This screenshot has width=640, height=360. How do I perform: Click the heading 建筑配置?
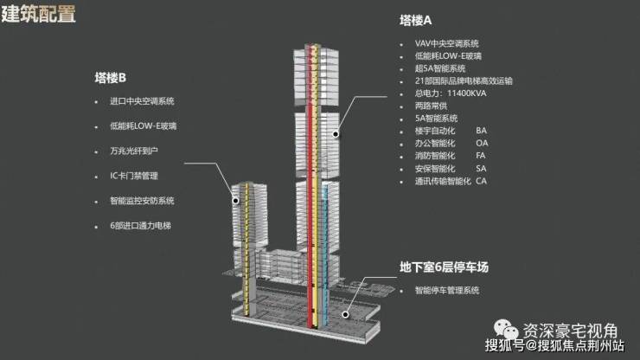(38, 13)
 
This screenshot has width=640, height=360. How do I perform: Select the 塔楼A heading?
(415, 21)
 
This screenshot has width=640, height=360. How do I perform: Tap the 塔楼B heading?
(110, 78)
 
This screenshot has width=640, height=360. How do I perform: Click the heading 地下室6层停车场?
(444, 267)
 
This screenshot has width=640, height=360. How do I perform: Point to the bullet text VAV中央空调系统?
(447, 44)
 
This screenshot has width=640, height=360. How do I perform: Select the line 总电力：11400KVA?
(451, 93)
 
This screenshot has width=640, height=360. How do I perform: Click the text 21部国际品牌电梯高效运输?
(464, 80)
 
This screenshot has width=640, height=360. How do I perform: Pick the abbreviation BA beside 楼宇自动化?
(481, 131)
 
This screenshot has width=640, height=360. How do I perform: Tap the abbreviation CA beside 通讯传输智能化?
(481, 181)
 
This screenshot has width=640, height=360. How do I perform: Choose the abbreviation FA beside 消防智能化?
(481, 156)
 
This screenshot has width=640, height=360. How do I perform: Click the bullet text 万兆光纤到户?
(134, 151)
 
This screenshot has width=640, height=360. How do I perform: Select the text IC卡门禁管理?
(134, 176)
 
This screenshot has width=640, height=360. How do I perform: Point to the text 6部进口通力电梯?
(140, 226)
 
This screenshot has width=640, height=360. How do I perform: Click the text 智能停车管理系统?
(447, 291)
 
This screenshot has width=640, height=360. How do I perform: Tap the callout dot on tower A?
(336, 134)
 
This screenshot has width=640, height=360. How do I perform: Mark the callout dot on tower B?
(235, 201)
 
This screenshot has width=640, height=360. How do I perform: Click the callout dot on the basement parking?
(345, 314)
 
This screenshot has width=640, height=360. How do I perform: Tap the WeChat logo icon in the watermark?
(506, 330)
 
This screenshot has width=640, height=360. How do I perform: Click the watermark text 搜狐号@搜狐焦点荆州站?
(554, 345)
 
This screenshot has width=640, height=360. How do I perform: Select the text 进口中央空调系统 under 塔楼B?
(142, 101)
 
